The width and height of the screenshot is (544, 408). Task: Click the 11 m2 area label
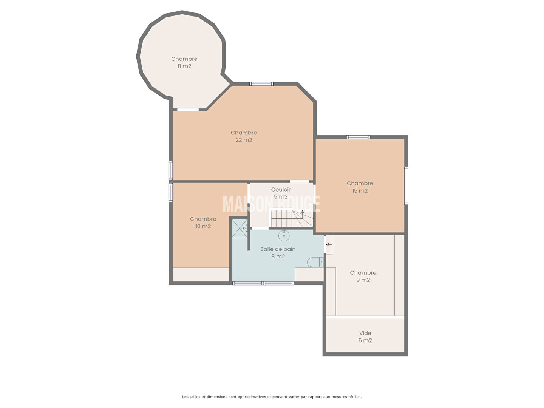point(184,66)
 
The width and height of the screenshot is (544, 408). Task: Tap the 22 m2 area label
point(244,140)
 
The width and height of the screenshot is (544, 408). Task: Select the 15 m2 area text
point(360,190)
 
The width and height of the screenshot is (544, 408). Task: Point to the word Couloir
point(281,189)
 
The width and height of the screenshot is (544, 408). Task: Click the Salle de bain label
point(278,249)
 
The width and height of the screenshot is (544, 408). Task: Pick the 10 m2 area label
point(203,226)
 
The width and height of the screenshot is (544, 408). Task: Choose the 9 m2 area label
point(363,280)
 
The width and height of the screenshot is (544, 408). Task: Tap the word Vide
point(365,333)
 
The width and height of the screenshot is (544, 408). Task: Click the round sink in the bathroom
point(284,235)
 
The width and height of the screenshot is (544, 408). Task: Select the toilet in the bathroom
point(315,262)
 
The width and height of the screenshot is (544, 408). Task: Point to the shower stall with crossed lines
point(240,229)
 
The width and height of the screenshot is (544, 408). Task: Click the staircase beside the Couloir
point(292,218)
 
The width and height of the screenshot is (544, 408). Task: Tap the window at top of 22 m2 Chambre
point(261,84)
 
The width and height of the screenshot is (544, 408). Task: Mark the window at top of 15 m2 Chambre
point(358,137)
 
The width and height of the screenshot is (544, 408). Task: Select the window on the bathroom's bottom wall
point(263,283)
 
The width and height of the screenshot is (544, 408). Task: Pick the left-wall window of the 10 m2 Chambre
point(171,193)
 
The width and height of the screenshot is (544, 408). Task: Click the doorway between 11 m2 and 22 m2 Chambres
point(188,110)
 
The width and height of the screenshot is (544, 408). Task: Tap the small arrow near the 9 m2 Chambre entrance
point(329,245)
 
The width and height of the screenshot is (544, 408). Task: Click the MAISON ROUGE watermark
point(271,204)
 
